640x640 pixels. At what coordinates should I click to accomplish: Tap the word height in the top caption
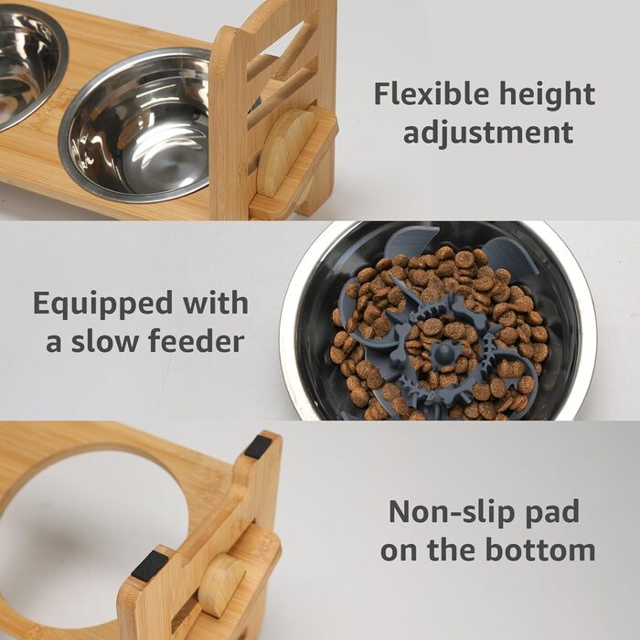tap(548, 95)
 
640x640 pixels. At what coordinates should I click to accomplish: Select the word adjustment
tap(488, 133)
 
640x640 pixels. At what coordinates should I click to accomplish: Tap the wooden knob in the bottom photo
tap(221, 584)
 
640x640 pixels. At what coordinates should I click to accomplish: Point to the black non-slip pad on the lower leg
tap(149, 565)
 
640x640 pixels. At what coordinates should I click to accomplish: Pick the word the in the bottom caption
tap(452, 549)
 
